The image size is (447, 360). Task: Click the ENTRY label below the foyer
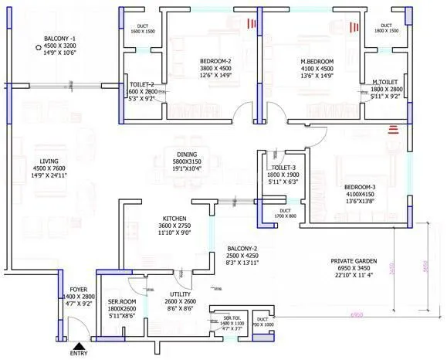coord(79,353)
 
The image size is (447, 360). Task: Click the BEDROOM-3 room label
coord(360,186)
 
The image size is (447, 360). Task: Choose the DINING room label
coord(188,154)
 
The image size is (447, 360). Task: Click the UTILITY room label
coord(180,294)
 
